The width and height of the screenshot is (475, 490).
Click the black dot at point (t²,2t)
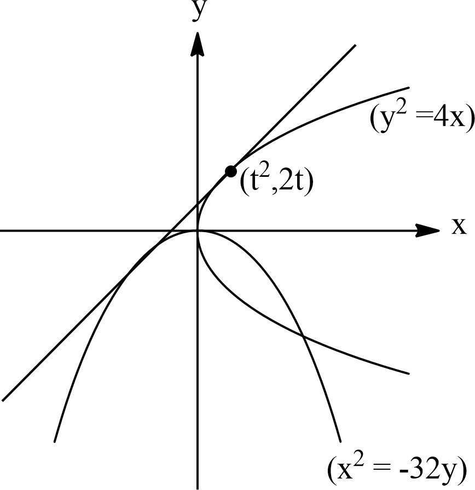(x=230, y=171)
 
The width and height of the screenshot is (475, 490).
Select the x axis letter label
(x=459, y=226)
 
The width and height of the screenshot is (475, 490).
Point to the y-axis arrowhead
(x=198, y=44)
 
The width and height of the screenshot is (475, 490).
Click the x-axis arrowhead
(x=427, y=231)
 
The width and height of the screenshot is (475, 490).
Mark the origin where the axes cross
(x=198, y=231)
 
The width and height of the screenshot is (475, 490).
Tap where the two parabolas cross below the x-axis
(x=302, y=336)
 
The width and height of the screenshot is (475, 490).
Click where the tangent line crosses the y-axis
(x=198, y=204)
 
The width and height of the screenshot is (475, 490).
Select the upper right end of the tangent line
(x=355, y=45)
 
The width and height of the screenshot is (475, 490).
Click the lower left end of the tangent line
(x=3, y=400)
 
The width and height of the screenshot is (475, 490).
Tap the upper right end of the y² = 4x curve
(x=408, y=88)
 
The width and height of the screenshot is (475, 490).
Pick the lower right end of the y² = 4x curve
(x=408, y=373)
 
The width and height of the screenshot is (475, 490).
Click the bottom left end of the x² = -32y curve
(x=55, y=442)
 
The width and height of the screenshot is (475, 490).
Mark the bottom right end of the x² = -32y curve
(x=340, y=442)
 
